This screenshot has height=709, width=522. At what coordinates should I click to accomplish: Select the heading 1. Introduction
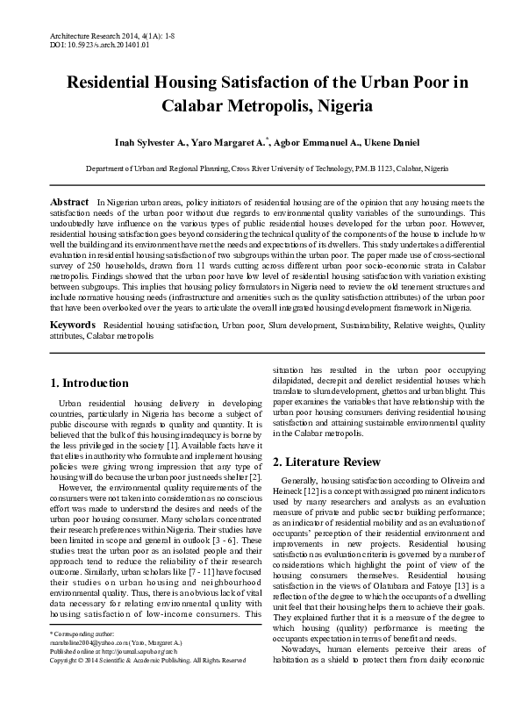(89, 383)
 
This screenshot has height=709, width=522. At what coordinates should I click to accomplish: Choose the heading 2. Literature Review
(326, 462)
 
